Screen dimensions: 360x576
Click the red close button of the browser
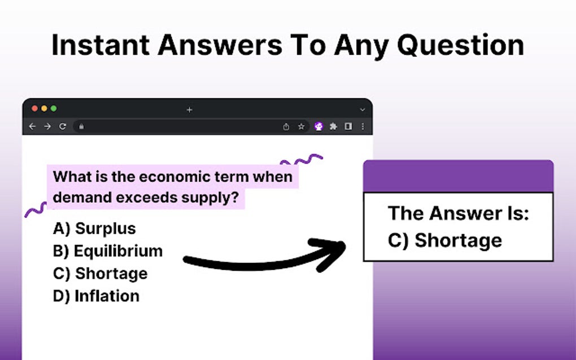click(34, 108)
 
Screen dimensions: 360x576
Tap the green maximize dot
click(54, 108)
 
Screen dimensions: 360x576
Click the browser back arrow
click(32, 126)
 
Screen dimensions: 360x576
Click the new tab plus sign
click(189, 109)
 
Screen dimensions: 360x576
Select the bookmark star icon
click(301, 126)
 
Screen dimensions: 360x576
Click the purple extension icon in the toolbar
click(318, 126)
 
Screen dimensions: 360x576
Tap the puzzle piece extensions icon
click(333, 126)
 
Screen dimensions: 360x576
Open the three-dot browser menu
click(363, 126)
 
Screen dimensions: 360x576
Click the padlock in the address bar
click(81, 126)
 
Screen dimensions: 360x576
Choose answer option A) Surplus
click(94, 229)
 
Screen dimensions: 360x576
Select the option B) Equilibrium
click(107, 251)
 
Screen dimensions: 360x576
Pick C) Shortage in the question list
click(100, 274)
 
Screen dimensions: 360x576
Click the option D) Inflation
click(96, 296)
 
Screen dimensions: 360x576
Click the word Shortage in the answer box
click(458, 240)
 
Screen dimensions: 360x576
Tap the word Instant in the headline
click(99, 45)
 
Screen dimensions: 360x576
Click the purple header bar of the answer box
click(458, 176)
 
